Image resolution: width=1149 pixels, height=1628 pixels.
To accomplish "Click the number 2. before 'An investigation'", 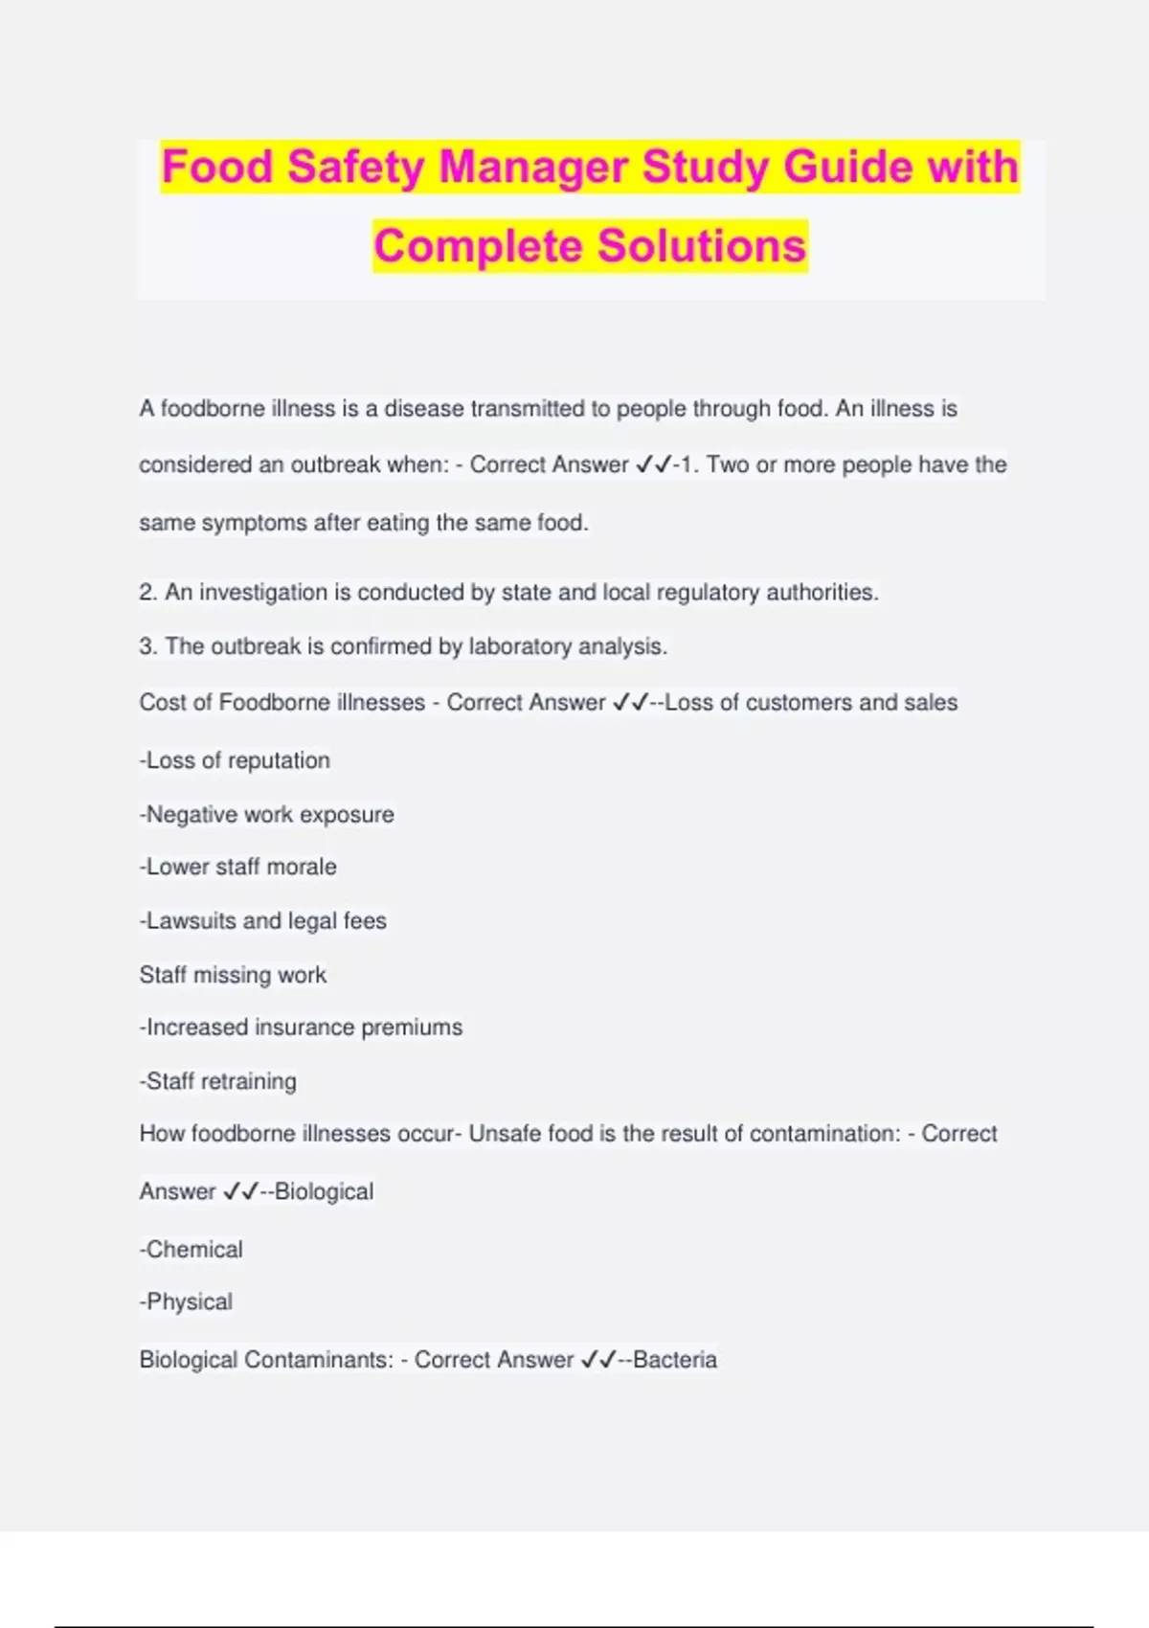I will click(147, 593).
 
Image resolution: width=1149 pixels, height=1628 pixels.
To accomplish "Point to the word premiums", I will click(412, 1028).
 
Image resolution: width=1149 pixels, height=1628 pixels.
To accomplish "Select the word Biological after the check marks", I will click(324, 1192).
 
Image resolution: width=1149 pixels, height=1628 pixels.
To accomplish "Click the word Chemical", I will click(194, 1250).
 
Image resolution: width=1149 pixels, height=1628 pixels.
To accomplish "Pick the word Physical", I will click(190, 1302).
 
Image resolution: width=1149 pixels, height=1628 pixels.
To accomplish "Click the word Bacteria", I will click(675, 1360).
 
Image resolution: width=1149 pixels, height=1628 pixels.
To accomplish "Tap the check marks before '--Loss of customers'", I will click(630, 703).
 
